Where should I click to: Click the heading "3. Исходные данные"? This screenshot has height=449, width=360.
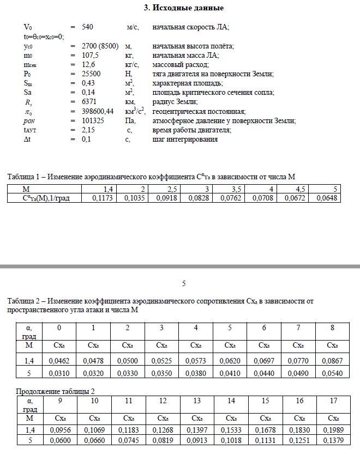point(183,8)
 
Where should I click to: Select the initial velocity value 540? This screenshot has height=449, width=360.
point(88,27)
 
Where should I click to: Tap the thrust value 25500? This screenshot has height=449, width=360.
point(91,74)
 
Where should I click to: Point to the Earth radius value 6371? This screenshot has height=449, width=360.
point(89,102)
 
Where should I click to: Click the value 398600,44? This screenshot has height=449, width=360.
point(98,111)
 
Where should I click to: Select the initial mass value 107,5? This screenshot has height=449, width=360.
point(90,55)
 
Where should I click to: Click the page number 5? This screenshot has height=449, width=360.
point(184,283)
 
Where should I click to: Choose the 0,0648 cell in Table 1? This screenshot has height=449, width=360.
point(326,198)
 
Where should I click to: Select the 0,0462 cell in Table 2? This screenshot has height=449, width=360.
point(59,361)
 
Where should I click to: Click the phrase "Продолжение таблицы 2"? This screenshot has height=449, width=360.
point(56,391)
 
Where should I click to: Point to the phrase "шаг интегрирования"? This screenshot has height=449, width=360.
point(185,139)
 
